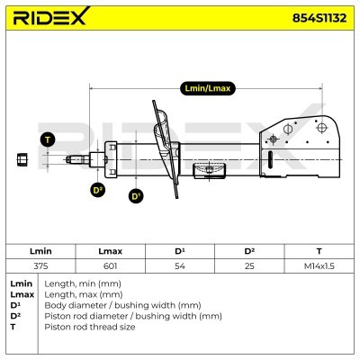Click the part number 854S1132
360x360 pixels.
point(319,18)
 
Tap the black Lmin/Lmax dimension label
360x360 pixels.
point(208,88)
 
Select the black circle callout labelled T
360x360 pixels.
point(48,139)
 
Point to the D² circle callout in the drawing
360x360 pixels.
point(98,190)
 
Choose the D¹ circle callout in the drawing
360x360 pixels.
point(136,196)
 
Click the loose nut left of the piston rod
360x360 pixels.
point(22,159)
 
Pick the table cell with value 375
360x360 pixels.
point(40,266)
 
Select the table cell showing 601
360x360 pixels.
point(110,266)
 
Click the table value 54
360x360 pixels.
point(180,266)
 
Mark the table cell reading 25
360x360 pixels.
point(249,266)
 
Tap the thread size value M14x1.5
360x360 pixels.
point(319,266)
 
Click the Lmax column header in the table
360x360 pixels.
point(110,251)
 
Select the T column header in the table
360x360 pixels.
point(319,251)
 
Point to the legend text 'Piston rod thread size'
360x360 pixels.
point(90,327)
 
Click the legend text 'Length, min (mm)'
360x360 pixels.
point(83,283)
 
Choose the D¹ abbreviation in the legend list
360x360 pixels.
point(14,305)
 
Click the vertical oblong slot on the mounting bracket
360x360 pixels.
point(270,162)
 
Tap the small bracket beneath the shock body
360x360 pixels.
point(210,171)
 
